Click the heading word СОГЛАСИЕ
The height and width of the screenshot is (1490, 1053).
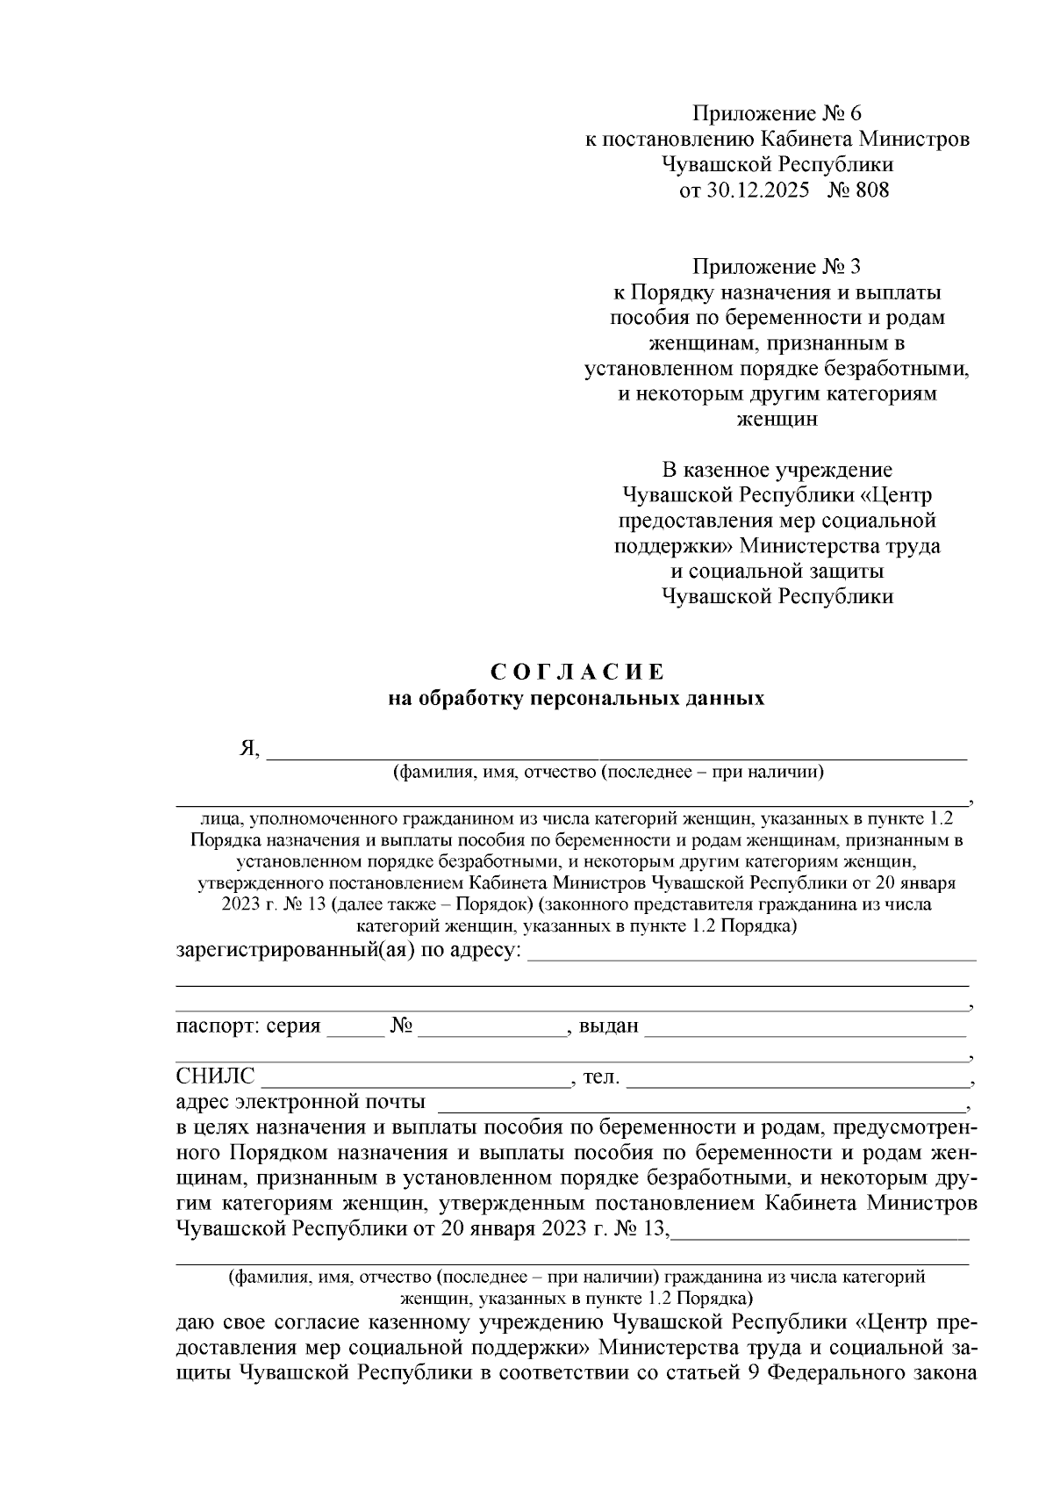577,673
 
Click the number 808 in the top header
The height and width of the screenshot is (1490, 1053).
870,189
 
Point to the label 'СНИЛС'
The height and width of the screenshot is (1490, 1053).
216,1076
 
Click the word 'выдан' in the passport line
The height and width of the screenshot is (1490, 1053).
609,1026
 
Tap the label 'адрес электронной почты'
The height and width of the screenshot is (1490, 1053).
301,1101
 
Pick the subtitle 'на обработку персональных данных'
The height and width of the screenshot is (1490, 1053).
577,699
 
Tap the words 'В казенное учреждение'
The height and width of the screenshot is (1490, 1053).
777,470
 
